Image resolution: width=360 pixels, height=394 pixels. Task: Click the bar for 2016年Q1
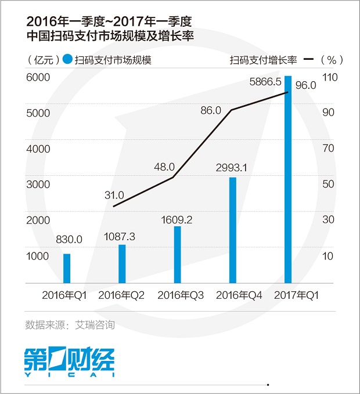coord(67,269)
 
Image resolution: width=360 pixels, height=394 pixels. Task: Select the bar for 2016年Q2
coord(122,264)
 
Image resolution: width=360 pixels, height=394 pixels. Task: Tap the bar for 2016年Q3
coord(177,255)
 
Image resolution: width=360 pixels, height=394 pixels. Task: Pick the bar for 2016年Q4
coord(233,230)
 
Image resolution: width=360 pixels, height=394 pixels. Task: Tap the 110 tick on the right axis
coord(329,77)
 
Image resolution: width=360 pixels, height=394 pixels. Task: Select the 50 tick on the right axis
coord(329,185)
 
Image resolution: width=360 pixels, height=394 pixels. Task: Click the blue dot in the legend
coord(68,59)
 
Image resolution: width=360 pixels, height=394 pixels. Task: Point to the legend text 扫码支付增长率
coord(264,59)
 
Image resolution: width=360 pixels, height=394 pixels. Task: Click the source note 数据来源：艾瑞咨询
coord(70,324)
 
